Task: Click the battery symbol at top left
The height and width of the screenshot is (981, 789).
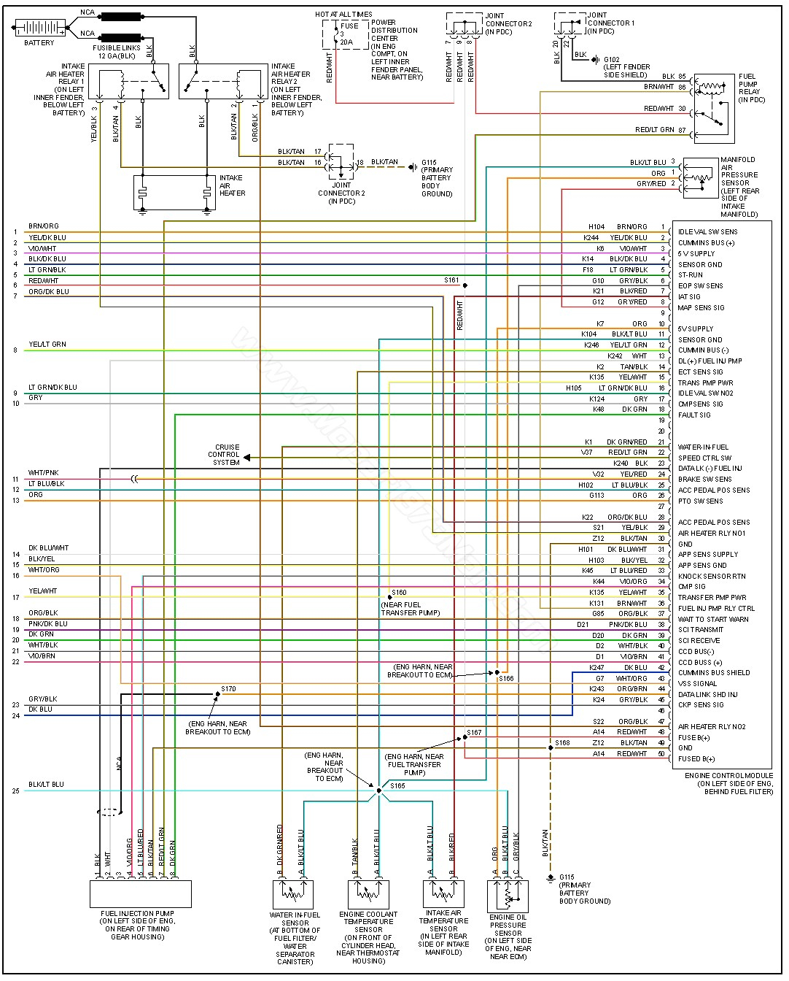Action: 39,28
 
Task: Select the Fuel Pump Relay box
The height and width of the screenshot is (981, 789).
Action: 714,107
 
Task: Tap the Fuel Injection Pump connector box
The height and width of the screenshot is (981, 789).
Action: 140,893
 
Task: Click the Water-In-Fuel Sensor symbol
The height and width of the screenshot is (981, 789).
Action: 292,894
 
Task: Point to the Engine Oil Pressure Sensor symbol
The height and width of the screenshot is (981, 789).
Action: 508,896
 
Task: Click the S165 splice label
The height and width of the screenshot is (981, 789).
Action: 397,786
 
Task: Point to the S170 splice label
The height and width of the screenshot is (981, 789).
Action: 228,688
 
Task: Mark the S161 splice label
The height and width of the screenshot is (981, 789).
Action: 451,280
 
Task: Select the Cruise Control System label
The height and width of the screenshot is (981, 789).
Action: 227,455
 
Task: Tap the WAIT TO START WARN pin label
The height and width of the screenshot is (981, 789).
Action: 712,619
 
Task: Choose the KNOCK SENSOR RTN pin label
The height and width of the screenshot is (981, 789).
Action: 712,576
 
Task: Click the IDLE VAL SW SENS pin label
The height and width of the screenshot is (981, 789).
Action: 707,231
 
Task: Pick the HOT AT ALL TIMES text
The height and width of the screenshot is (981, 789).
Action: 343,14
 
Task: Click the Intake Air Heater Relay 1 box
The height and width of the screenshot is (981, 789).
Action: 128,81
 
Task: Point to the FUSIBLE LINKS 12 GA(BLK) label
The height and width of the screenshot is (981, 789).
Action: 114,52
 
